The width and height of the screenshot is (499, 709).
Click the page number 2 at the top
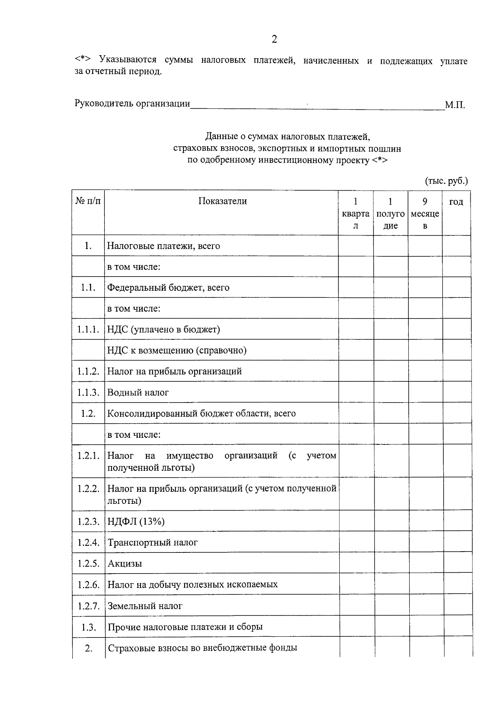coord(274,39)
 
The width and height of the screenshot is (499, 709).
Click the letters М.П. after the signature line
coord(455,105)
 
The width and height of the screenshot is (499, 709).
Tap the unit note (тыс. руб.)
coord(446,181)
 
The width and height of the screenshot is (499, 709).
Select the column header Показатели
coord(222,201)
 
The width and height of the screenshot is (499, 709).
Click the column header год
coord(456,202)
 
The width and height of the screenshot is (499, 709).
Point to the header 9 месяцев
coord(425,213)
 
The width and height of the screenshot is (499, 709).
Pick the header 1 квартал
coord(356,213)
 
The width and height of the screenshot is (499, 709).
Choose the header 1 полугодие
coord(390,213)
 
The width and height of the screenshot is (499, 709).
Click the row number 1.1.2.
coord(88,371)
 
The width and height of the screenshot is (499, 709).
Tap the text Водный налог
coord(138,393)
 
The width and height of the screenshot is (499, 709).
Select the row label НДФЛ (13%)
coord(136,521)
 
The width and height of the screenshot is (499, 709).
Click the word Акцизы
coord(125,564)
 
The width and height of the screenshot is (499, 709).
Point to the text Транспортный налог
coord(153,542)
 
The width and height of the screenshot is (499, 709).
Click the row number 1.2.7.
coord(89,606)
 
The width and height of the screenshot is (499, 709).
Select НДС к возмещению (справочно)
coord(177,350)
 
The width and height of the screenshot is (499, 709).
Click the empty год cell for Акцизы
coord(457,563)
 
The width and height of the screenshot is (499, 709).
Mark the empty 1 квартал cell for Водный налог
coord(356,392)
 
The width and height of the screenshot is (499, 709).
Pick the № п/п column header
coord(88,201)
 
